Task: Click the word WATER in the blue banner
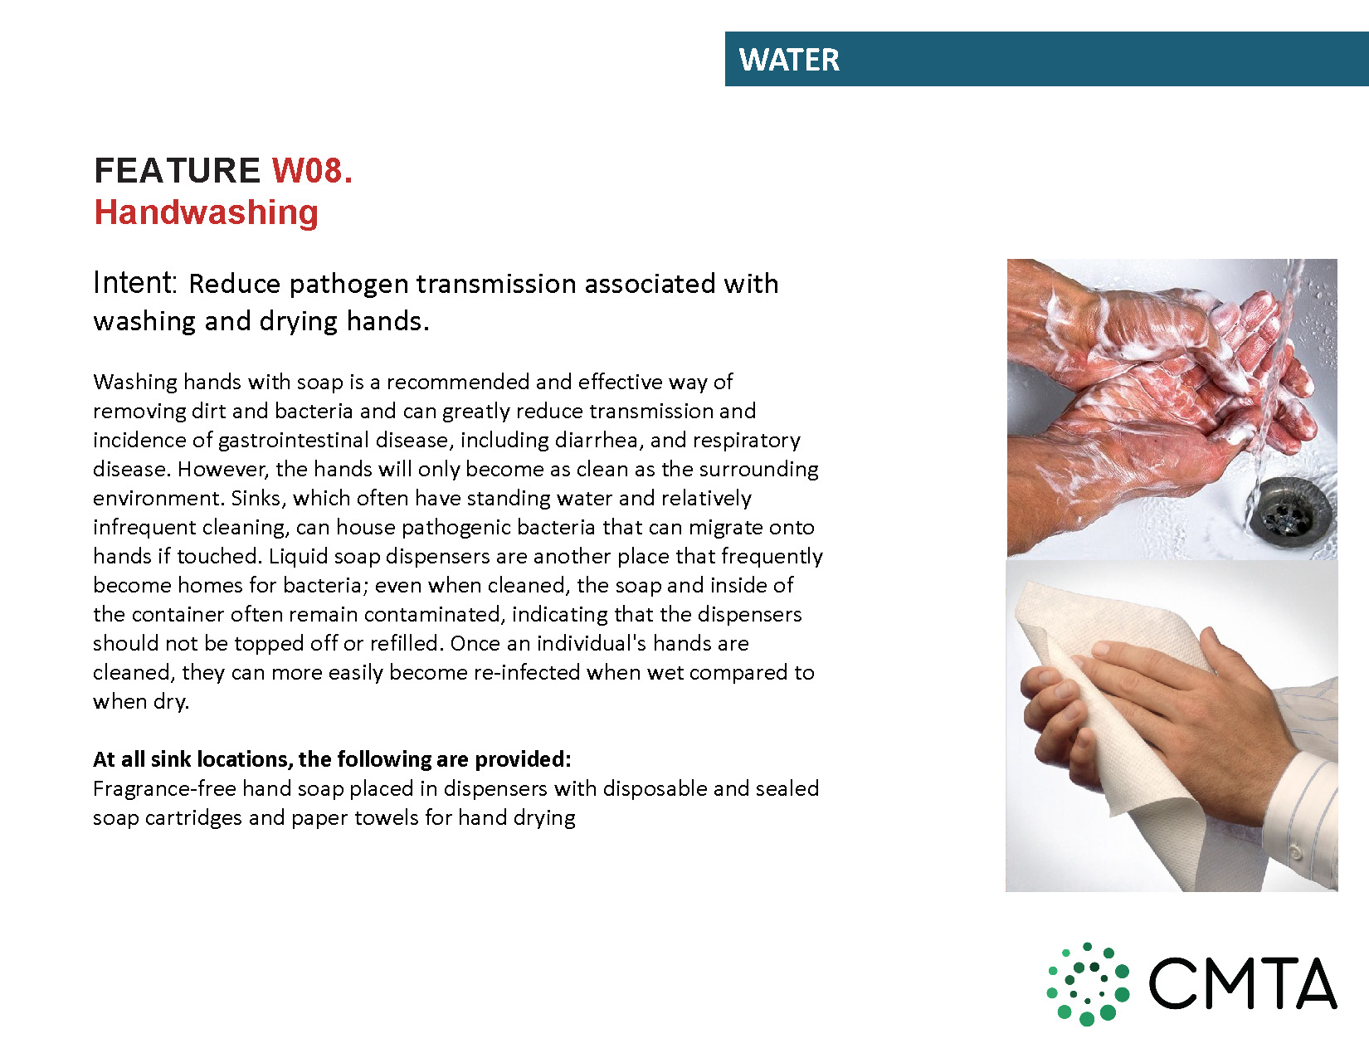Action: pyautogui.click(x=789, y=60)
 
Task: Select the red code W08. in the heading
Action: pyautogui.click(x=312, y=170)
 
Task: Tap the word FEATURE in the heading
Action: pyautogui.click(x=177, y=170)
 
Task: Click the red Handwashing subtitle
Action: pyautogui.click(x=206, y=212)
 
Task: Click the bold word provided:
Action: pyautogui.click(x=522, y=760)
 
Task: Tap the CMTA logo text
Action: pyautogui.click(x=1242, y=984)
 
